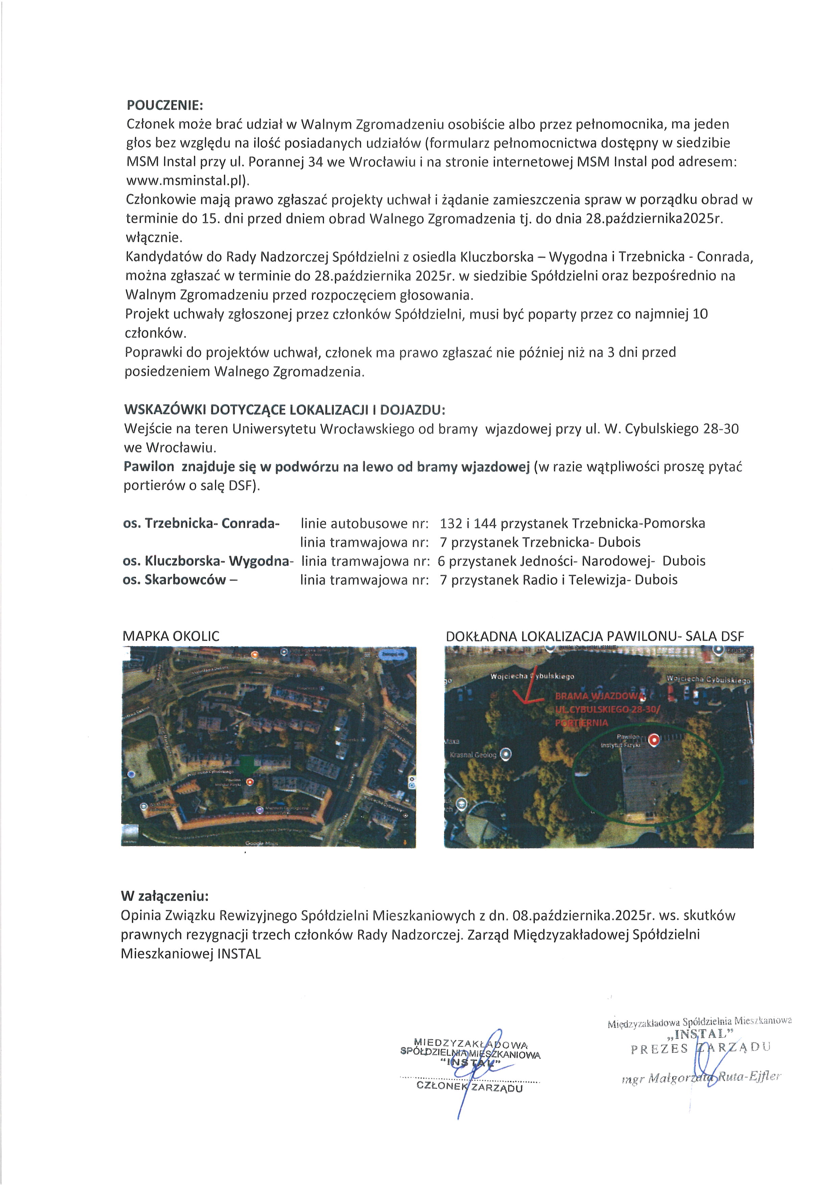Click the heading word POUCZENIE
pos(165,105)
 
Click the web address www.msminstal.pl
pos(187,181)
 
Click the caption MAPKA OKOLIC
pos(171,636)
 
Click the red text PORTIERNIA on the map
pos(582,723)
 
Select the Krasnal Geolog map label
pos(473,755)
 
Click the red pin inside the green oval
pos(654,741)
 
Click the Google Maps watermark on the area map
pos(262,843)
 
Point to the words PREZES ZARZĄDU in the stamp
pos(700,1048)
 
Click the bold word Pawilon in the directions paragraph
pos(149,467)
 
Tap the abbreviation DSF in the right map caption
pos(729,636)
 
